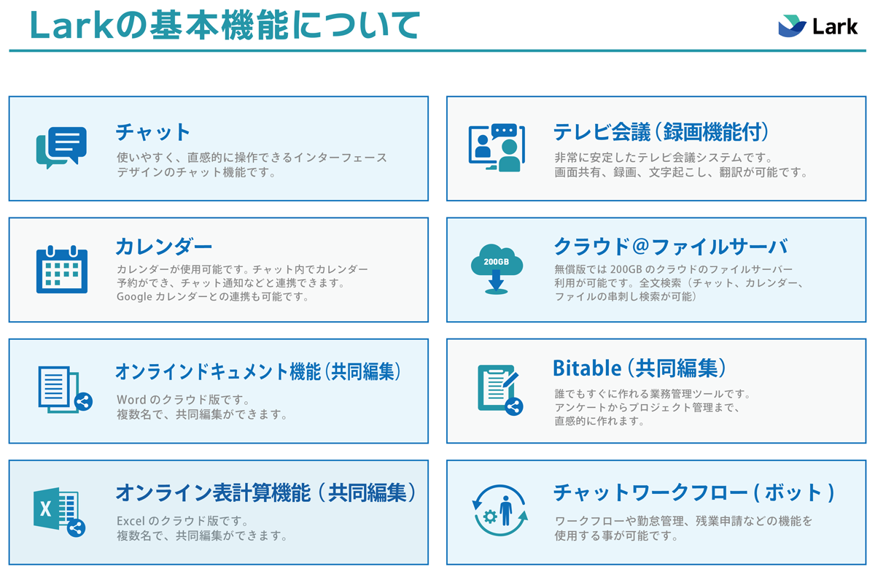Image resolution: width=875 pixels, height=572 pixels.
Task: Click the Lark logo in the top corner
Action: click(x=817, y=26)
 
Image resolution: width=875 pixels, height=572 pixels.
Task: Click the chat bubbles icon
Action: click(x=61, y=147)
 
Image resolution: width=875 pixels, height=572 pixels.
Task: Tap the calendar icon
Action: click(x=62, y=269)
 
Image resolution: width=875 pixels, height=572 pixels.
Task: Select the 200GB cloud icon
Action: click(x=497, y=268)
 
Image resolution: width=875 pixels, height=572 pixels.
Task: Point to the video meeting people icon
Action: click(x=497, y=147)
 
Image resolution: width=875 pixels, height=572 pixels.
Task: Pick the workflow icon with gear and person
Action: click(x=499, y=510)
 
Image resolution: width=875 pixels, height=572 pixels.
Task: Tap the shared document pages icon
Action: click(x=65, y=390)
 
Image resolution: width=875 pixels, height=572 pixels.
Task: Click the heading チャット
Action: click(x=152, y=132)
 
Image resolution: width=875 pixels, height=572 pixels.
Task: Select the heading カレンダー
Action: click(x=163, y=247)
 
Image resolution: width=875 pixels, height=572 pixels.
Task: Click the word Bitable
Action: click(x=587, y=368)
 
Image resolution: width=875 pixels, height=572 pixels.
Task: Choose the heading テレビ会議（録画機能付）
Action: click(x=661, y=132)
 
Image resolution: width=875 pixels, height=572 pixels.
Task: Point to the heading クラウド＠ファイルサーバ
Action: click(x=671, y=247)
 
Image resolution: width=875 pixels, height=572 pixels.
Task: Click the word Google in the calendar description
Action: click(x=134, y=297)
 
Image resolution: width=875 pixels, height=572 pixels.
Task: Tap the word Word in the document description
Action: click(x=132, y=400)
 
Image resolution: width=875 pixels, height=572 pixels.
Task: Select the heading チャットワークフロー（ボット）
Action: click(x=694, y=492)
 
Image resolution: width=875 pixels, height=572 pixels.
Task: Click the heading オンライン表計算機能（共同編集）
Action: click(x=265, y=492)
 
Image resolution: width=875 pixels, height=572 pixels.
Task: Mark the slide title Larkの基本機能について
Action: click(x=225, y=25)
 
